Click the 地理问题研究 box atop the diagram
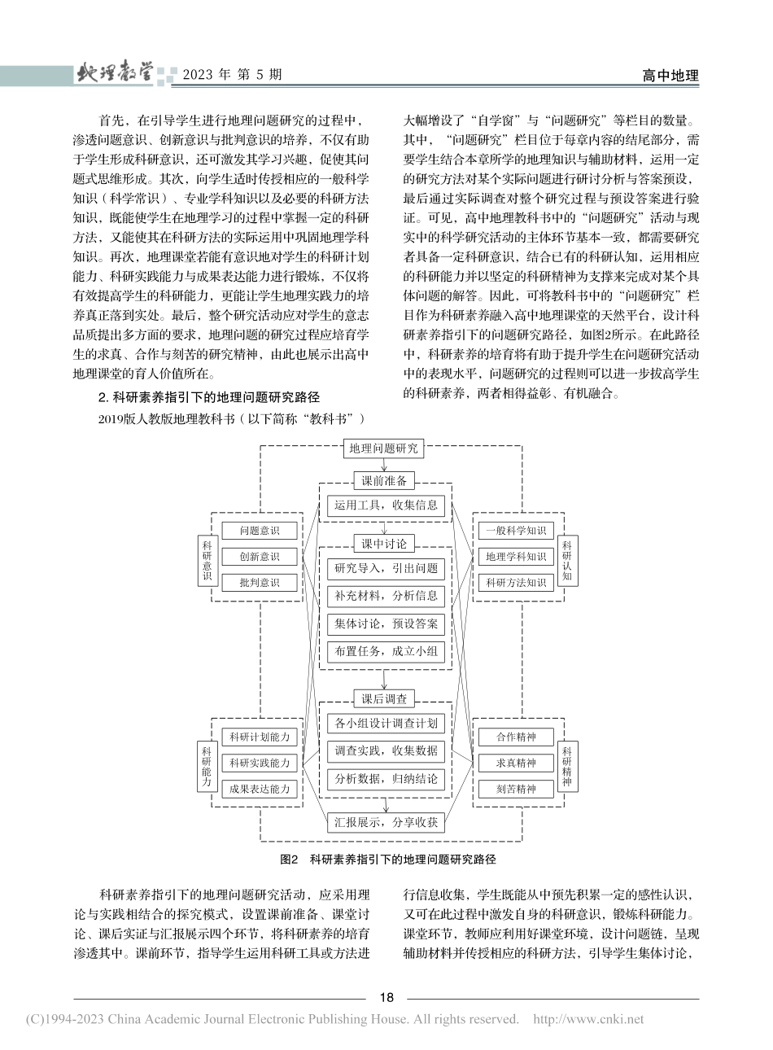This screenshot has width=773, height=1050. pyautogui.click(x=385, y=448)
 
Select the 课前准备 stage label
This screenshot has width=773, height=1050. pyautogui.click(x=385, y=480)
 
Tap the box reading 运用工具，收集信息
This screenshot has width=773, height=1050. pyautogui.click(x=386, y=505)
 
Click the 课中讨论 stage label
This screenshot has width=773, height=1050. pyautogui.click(x=385, y=544)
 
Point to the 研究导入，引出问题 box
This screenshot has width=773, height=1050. pyautogui.click(x=386, y=568)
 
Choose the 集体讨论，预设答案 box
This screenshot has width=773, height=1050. pyautogui.click(x=386, y=624)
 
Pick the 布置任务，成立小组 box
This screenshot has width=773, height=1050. pyautogui.click(x=386, y=651)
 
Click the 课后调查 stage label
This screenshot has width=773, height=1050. pyautogui.click(x=385, y=698)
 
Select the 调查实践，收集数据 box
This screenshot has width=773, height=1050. pyautogui.click(x=386, y=750)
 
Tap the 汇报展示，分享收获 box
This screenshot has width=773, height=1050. pyautogui.click(x=386, y=822)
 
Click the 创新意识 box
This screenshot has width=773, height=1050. pyautogui.click(x=260, y=557)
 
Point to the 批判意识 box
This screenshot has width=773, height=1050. pyautogui.click(x=260, y=583)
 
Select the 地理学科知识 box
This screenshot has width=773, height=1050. pyautogui.click(x=515, y=557)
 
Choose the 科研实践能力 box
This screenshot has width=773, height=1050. pyautogui.click(x=260, y=763)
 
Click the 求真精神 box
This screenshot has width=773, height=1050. pyautogui.click(x=517, y=763)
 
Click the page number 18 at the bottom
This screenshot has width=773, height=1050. pyautogui.click(x=386, y=998)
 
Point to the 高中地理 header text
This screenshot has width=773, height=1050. pyautogui.click(x=670, y=76)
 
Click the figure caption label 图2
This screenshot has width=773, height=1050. pyautogui.click(x=290, y=860)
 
